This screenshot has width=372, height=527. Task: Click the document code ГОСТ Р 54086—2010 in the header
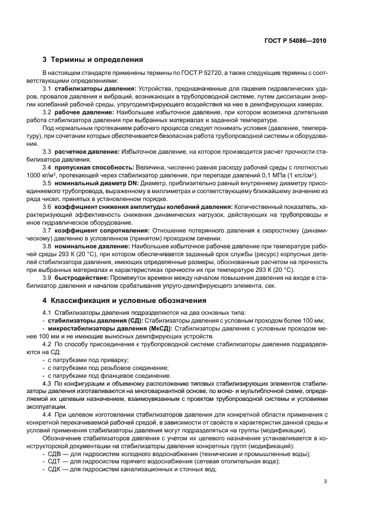tap(296, 41)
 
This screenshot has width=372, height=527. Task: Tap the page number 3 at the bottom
tap(325, 481)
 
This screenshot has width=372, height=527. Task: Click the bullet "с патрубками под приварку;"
tap(88, 359)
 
